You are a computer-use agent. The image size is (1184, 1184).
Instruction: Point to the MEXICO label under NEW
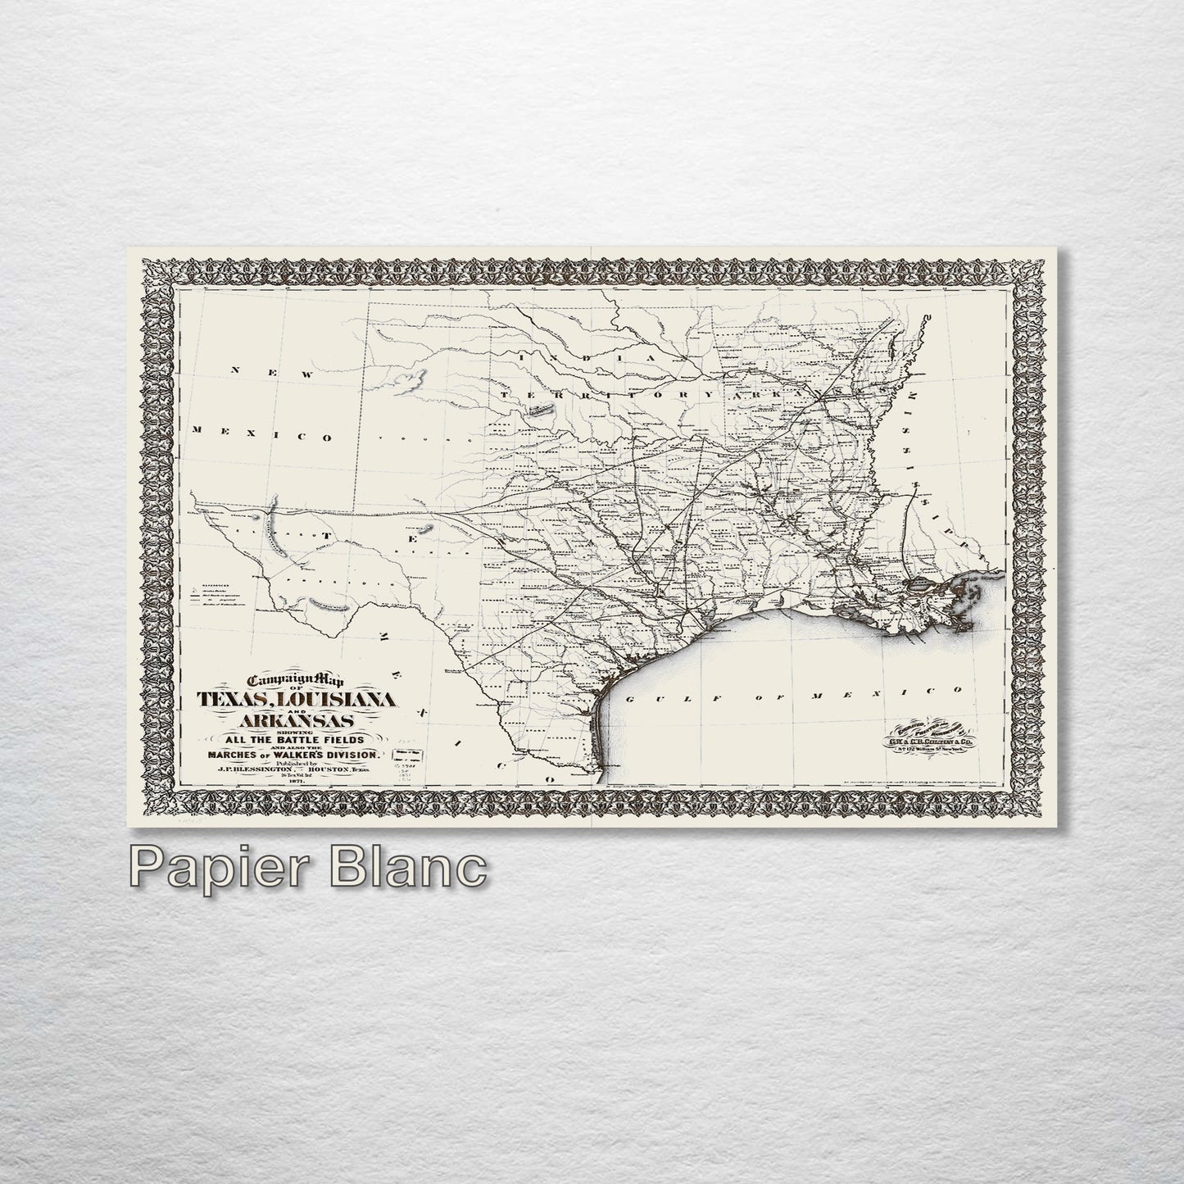(261, 433)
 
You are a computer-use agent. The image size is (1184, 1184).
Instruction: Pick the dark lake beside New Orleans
(917, 587)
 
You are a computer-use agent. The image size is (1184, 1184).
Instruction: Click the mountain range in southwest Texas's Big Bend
(330, 606)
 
